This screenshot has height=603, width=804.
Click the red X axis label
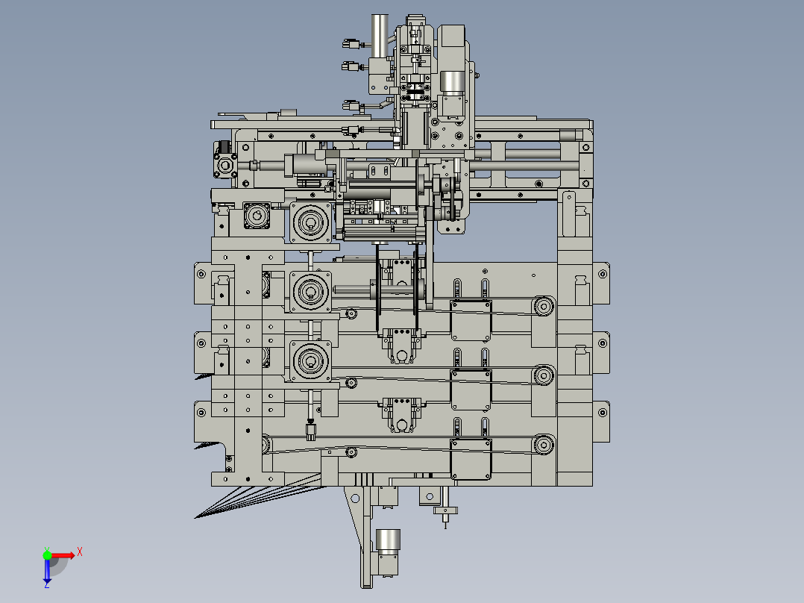click(x=80, y=552)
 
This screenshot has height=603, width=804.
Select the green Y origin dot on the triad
click(x=47, y=555)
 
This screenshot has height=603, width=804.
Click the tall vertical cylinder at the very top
click(x=380, y=35)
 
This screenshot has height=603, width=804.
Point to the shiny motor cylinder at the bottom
click(x=388, y=542)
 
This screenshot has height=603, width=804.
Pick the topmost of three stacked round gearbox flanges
click(x=310, y=222)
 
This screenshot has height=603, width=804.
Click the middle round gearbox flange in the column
click(x=310, y=292)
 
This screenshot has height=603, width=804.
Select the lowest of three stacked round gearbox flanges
click(x=310, y=361)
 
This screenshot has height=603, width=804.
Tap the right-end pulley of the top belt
click(x=544, y=307)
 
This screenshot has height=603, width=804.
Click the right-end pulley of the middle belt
click(x=544, y=375)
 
